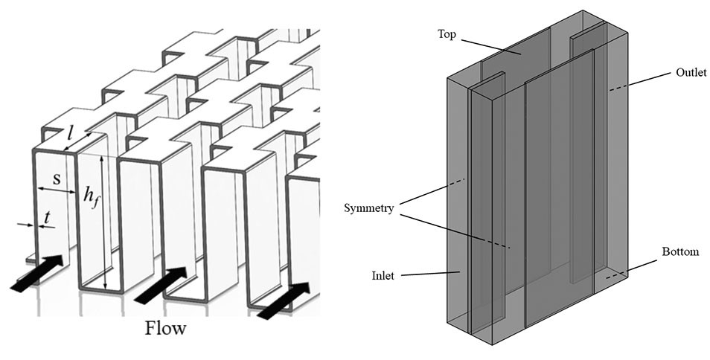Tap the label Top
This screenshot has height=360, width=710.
(447, 35)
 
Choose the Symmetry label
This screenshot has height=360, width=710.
(369, 207)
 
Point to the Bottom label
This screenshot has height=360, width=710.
(680, 252)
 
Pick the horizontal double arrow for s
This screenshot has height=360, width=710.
(57, 190)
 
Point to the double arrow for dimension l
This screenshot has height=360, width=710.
(78, 142)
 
